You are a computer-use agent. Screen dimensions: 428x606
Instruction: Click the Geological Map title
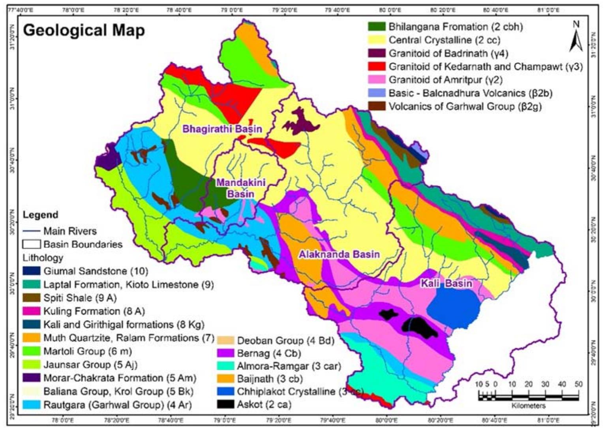[x=84, y=30]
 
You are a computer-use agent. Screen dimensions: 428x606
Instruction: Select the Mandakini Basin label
[x=240, y=188]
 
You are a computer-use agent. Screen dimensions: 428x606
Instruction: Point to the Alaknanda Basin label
[x=339, y=255]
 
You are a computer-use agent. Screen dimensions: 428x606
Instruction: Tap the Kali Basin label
[x=446, y=283]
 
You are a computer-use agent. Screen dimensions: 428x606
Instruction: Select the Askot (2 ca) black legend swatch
[x=225, y=405]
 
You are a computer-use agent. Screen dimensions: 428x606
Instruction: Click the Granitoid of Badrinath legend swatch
[x=376, y=53]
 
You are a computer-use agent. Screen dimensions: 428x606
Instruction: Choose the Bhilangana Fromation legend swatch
[x=376, y=27]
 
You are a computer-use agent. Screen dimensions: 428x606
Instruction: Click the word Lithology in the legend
[x=43, y=258]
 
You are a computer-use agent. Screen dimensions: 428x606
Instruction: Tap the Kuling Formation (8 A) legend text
[x=94, y=312]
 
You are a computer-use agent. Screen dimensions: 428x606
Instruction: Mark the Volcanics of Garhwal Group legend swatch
[x=376, y=106]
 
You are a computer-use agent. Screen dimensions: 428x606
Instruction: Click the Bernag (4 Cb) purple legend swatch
[x=225, y=353]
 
